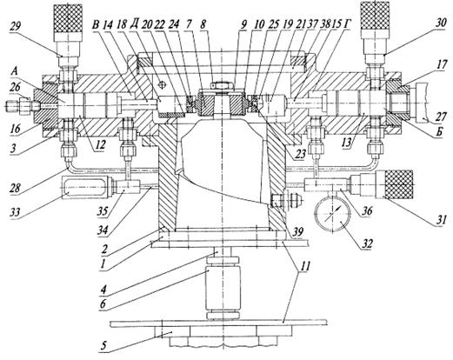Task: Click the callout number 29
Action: click(x=17, y=28)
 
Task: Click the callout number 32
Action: click(x=367, y=243)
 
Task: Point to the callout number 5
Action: click(x=103, y=346)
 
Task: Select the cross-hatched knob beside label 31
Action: click(x=398, y=184)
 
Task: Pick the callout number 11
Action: click(x=304, y=265)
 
